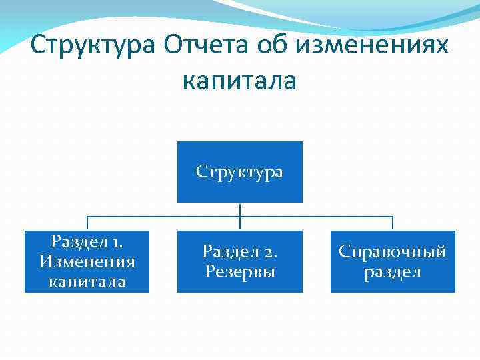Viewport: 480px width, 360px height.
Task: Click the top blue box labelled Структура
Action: pyautogui.click(x=239, y=171)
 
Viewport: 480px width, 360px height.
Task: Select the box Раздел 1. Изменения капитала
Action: pyautogui.click(x=87, y=261)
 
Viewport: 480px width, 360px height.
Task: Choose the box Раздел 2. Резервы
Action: pyautogui.click(x=239, y=261)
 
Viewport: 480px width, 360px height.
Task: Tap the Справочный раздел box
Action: pyautogui.click(x=393, y=261)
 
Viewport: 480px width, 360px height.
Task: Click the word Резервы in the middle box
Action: pyautogui.click(x=239, y=271)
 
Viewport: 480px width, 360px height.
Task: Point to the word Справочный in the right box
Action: pyautogui.click(x=393, y=251)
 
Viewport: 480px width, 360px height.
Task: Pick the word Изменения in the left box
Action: pyautogui.click(x=87, y=261)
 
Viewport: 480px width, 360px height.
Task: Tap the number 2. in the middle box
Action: pyautogui.click(x=269, y=251)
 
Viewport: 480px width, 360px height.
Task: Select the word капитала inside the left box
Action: pyautogui.click(x=87, y=281)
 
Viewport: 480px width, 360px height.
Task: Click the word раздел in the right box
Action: pyautogui.click(x=393, y=272)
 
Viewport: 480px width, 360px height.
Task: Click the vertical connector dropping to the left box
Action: pyautogui.click(x=87, y=223)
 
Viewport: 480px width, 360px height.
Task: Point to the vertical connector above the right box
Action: pyautogui.click(x=393, y=223)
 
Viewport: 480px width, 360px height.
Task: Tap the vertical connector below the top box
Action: pyautogui.click(x=239, y=211)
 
